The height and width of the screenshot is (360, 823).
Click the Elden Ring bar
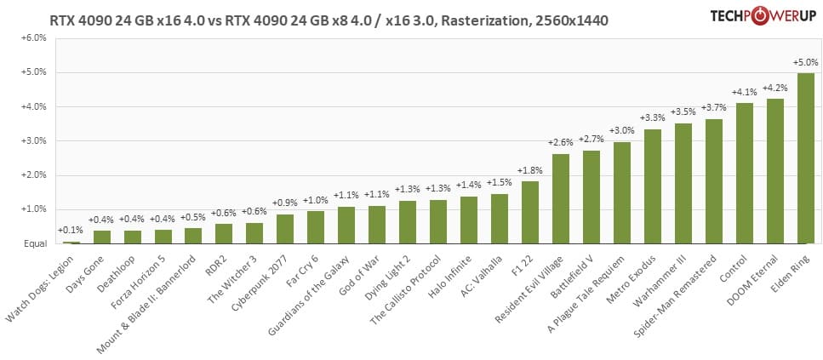pyautogui.click(x=805, y=158)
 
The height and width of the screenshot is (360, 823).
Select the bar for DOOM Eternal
pyautogui.click(x=774, y=171)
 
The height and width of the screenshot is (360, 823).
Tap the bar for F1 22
pyautogui.click(x=530, y=212)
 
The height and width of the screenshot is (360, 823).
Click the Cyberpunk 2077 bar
pyautogui.click(x=286, y=229)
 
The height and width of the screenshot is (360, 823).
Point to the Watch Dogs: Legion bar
pyautogui.click(x=71, y=243)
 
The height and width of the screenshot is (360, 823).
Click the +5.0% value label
pyautogui.click(x=805, y=62)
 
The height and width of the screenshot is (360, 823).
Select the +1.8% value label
pyautogui.click(x=530, y=170)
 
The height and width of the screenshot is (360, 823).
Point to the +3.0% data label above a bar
pyautogui.click(x=622, y=130)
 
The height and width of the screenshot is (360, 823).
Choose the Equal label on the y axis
pyautogui.click(x=34, y=243)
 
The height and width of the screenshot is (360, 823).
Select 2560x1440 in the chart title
pyautogui.click(x=571, y=19)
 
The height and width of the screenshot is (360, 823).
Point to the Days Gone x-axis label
pyautogui.click(x=89, y=271)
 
